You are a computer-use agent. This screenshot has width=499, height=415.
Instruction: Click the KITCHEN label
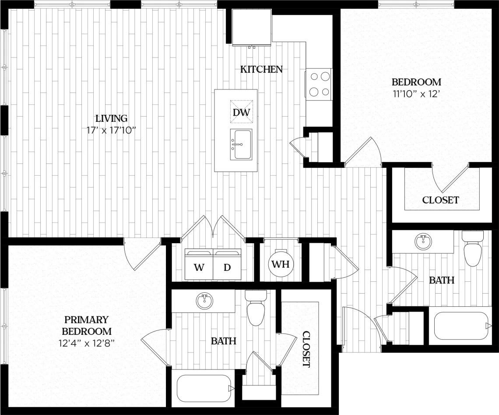coord(261,69)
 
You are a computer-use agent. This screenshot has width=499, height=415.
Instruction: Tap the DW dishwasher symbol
coord(241,112)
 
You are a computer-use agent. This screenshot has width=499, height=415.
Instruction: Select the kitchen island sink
coord(241,144)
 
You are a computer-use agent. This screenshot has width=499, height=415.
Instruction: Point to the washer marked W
coord(199,267)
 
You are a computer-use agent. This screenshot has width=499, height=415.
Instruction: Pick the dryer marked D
coord(227,267)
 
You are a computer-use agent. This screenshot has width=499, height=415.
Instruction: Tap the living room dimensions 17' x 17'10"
coord(112,130)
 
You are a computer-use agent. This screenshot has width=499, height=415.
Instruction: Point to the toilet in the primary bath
coord(256,309)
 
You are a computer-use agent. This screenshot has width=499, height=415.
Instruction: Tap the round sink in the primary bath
coord(204,301)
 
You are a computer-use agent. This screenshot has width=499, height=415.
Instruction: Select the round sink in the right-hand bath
coord(423,241)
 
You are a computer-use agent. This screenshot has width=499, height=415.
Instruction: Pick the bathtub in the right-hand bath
coord(461,326)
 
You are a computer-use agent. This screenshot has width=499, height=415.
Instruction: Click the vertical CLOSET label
coord(306,349)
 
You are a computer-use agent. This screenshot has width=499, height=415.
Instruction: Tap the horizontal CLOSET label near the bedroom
coord(440,200)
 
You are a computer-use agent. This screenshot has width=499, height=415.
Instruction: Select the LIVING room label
coord(112,118)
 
